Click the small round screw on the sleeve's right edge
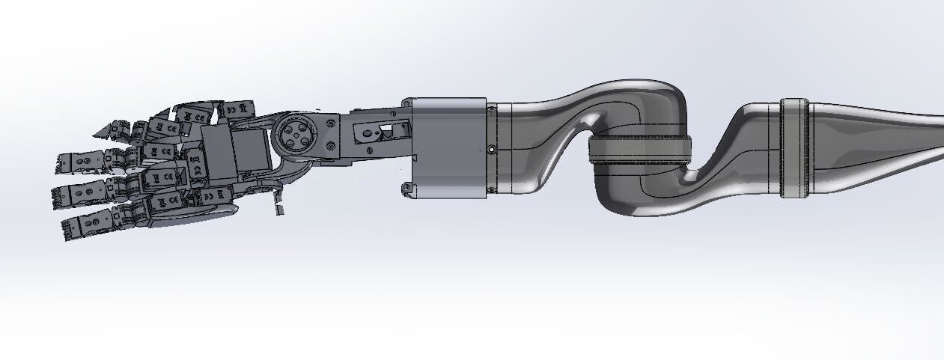click(x=491, y=150)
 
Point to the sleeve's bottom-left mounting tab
click(x=406, y=188)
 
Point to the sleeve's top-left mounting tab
click(x=406, y=102)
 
